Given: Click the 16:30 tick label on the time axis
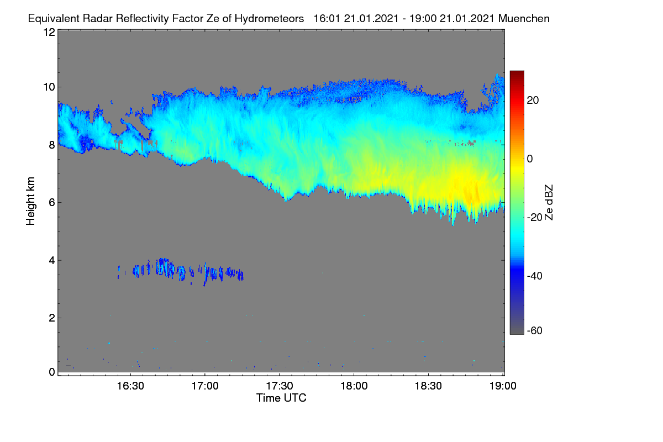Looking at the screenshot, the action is [x=130, y=386].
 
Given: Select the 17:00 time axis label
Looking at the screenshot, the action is [x=205, y=386].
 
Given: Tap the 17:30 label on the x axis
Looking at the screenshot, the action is [x=280, y=386].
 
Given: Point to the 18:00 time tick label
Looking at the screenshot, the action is [x=354, y=386].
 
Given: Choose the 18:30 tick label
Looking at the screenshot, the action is [x=428, y=386].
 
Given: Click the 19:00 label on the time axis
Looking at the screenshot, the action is [x=503, y=386].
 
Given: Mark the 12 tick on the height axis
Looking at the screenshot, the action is [x=49, y=32].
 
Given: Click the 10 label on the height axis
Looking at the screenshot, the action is [x=49, y=87].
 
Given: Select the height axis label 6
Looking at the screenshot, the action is [x=52, y=203].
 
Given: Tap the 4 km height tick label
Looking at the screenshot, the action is [x=52, y=261].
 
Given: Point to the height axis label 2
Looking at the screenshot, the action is [x=52, y=318].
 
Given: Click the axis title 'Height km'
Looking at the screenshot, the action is [x=30, y=201].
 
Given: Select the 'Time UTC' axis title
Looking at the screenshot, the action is [x=281, y=398].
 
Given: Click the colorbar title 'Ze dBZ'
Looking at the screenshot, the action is [x=549, y=203].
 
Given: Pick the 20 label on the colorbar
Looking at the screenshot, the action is [x=533, y=101].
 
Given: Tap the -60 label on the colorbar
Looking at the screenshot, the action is [x=535, y=331].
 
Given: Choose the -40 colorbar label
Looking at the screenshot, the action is [x=535, y=276].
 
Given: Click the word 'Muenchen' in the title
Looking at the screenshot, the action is [x=524, y=19].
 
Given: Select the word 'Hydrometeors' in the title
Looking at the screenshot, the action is [x=270, y=19].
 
